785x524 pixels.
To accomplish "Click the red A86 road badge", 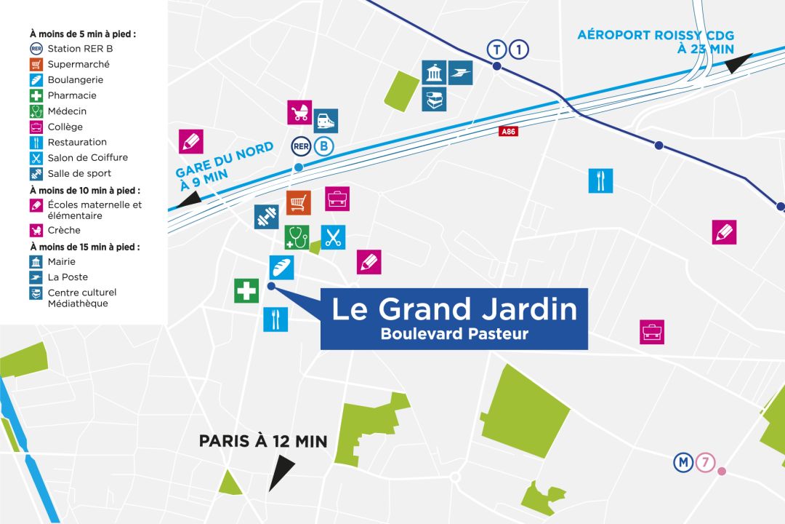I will [x=508, y=132].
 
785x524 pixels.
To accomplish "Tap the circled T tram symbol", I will [x=496, y=49].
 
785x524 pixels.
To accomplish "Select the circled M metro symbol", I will [x=683, y=462].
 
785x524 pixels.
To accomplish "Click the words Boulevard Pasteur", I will [x=454, y=334].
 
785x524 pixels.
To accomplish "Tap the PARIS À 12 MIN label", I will [x=263, y=441].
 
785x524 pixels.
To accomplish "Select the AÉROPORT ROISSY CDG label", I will [x=656, y=35].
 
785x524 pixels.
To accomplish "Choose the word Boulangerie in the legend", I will [x=76, y=80].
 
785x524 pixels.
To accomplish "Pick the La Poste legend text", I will [x=68, y=277].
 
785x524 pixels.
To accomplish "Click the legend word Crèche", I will [x=64, y=231].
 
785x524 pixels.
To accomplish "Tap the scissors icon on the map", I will [x=334, y=237].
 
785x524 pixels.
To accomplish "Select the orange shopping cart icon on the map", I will [x=298, y=202].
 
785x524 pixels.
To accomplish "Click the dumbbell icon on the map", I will [x=266, y=217].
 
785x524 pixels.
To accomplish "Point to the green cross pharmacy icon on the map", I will [x=246, y=291].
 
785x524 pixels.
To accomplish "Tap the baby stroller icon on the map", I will [x=299, y=113].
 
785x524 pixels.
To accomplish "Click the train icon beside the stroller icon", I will [x=326, y=121].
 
